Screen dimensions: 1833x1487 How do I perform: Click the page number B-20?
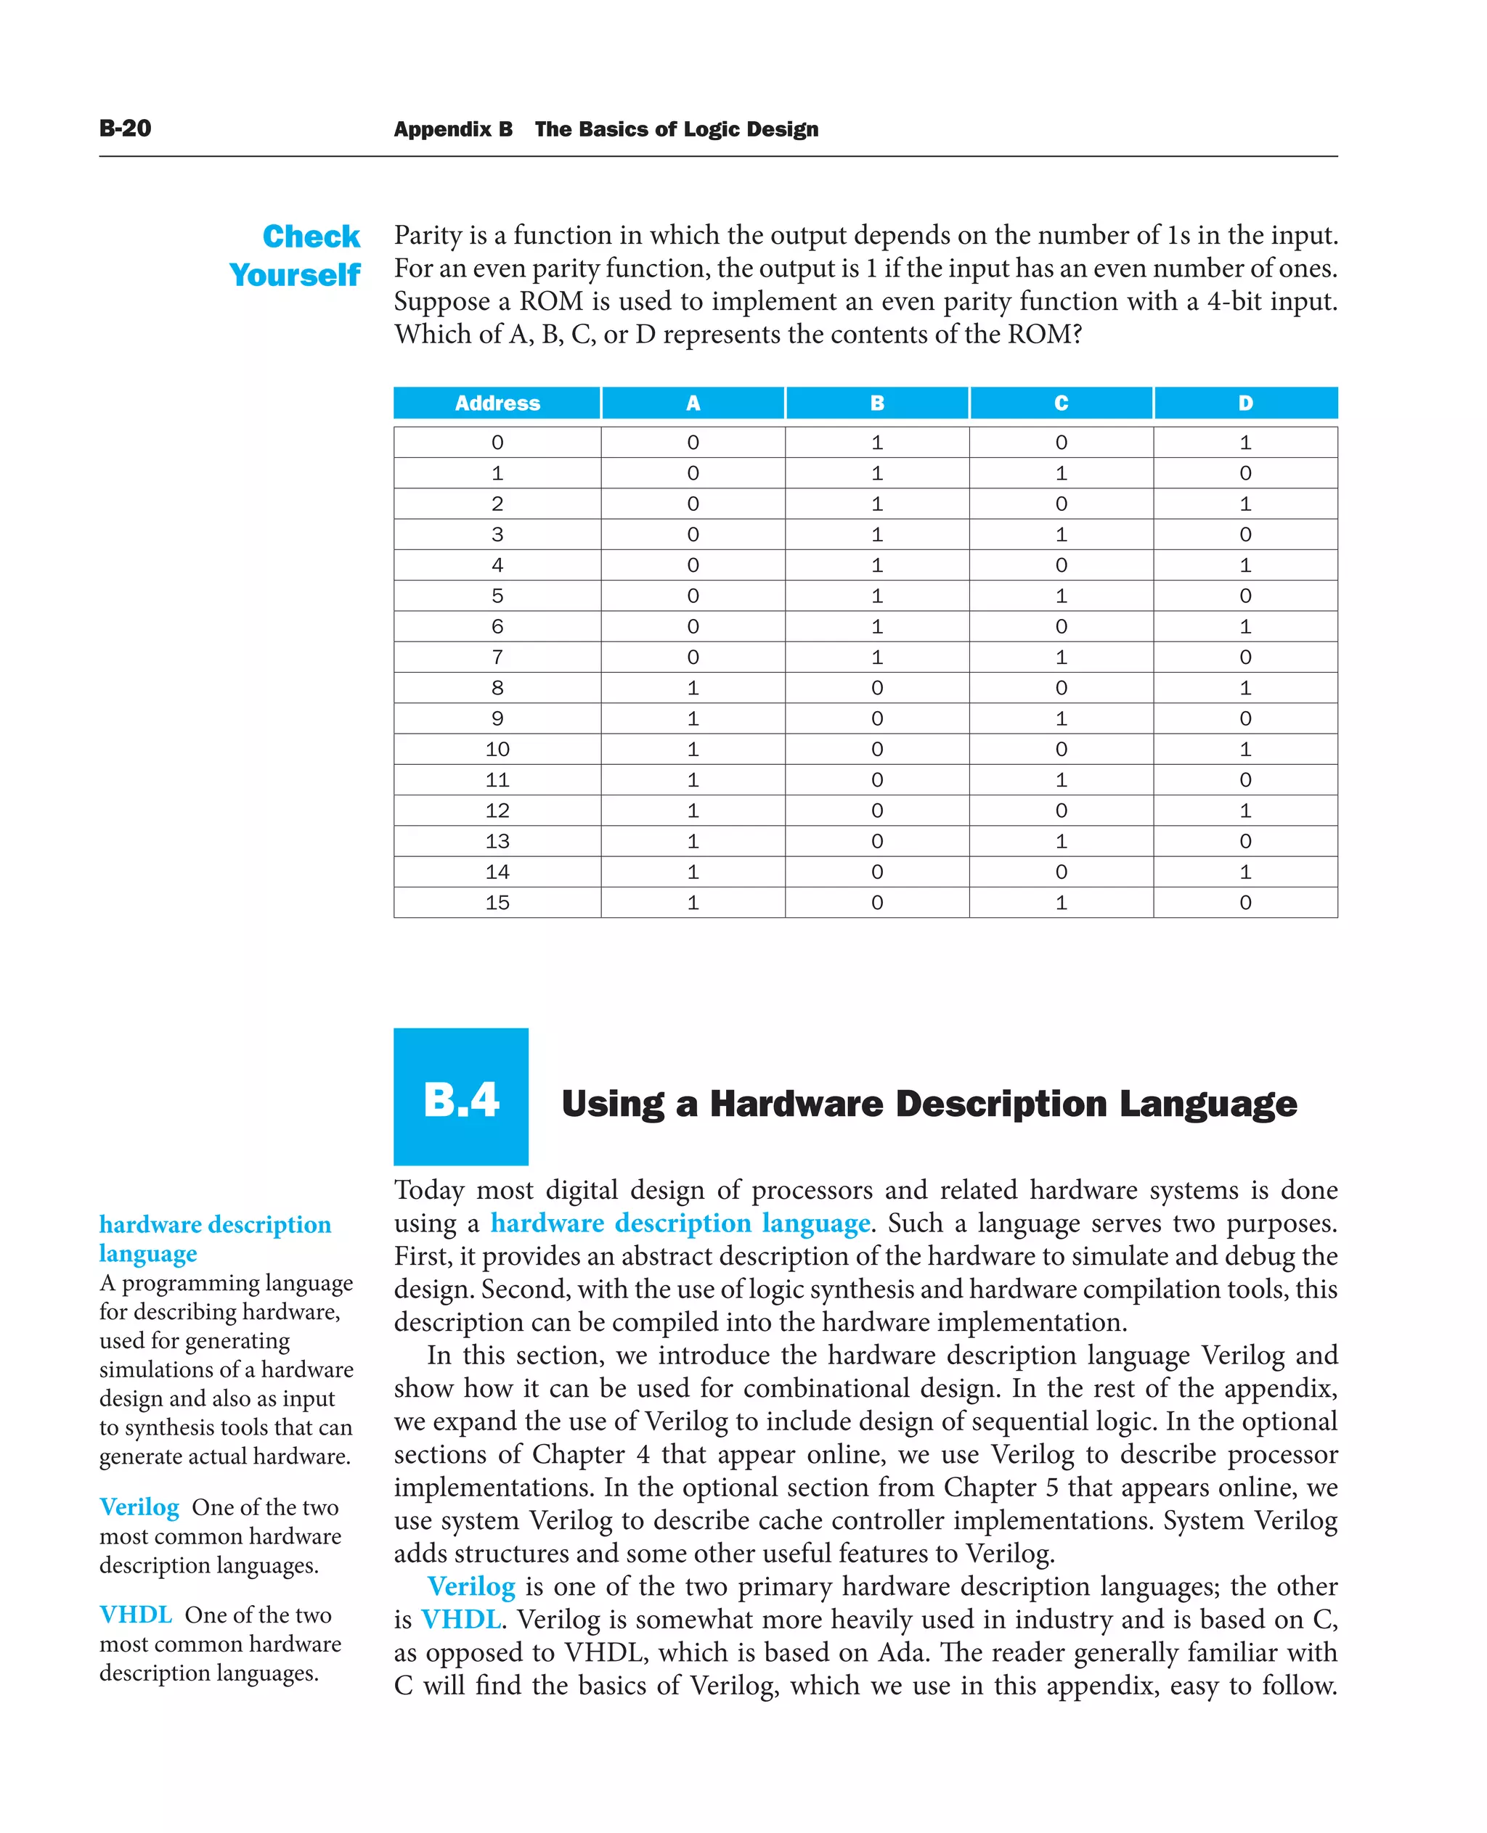pyautogui.click(x=125, y=128)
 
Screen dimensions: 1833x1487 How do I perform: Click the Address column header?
pyautogui.click(x=497, y=403)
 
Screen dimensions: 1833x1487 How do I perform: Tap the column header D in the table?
pyautogui.click(x=1244, y=403)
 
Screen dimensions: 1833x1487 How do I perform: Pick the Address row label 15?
pyautogui.click(x=497, y=903)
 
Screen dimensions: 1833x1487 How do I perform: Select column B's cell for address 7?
pyautogui.click(x=876, y=657)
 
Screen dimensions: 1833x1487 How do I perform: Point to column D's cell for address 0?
pyautogui.click(x=1244, y=443)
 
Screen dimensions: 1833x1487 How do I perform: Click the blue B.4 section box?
pyautogui.click(x=461, y=1096)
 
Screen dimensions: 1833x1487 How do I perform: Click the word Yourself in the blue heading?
pyautogui.click(x=295, y=276)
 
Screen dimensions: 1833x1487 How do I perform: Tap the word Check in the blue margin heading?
pyautogui.click(x=311, y=237)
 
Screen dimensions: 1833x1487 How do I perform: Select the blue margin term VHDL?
pyautogui.click(x=135, y=1615)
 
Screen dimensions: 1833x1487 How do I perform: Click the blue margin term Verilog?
pyautogui.click(x=139, y=1506)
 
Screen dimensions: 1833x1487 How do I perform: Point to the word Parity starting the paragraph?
pyautogui.click(x=431, y=235)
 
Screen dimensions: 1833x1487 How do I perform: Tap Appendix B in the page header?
pyautogui.click(x=453, y=129)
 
